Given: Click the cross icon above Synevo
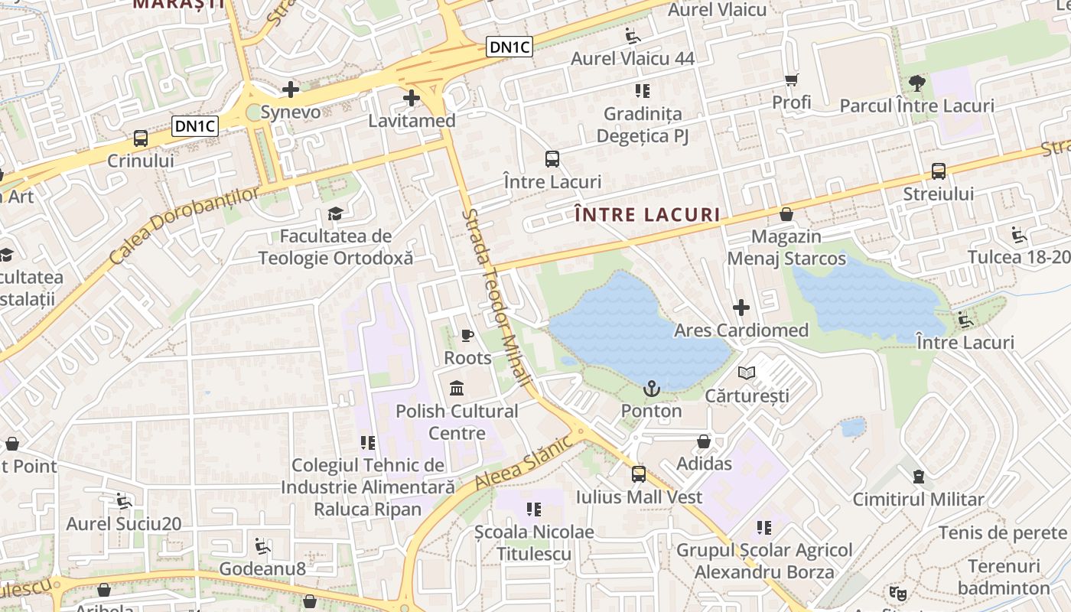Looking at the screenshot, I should (291, 90).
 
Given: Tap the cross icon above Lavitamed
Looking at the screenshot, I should (412, 98).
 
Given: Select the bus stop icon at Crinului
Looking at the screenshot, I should (141, 138).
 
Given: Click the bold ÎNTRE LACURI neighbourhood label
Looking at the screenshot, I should (647, 215).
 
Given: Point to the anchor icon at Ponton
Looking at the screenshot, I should (651, 389).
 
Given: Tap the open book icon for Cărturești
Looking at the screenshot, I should (747, 373).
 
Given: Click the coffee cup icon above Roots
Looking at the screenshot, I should (467, 335).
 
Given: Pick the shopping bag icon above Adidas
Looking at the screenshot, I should (704, 441).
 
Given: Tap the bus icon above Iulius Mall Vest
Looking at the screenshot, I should (639, 474).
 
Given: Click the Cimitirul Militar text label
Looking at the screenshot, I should (918, 500).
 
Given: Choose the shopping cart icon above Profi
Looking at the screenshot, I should (792, 80).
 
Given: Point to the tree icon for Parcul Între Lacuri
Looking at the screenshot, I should (916, 83).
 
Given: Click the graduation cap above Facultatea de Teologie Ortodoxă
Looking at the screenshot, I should (335, 213).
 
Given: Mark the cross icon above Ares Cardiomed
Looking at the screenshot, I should (741, 308).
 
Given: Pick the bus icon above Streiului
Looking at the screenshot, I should (939, 171).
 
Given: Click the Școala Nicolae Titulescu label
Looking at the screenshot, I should (534, 542).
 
